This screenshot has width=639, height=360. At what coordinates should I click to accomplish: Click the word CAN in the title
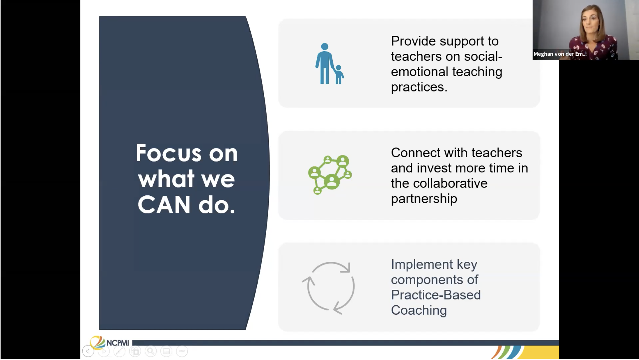pyautogui.click(x=164, y=205)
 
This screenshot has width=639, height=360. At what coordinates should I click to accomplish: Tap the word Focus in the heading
pyautogui.click(x=168, y=153)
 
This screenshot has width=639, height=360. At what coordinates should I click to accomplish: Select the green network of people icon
pyautogui.click(x=330, y=174)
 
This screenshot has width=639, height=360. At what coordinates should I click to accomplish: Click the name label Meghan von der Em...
pyautogui.click(x=560, y=54)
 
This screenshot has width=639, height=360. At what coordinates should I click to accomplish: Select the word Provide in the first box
pyautogui.click(x=413, y=41)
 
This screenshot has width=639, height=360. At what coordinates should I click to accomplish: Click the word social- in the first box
pyautogui.click(x=483, y=57)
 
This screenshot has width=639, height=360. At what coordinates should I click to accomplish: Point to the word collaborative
pyautogui.click(x=450, y=183)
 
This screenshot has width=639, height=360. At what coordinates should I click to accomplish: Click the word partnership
pyautogui.click(x=424, y=199)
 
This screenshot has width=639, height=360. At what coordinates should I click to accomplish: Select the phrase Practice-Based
pyautogui.click(x=435, y=295)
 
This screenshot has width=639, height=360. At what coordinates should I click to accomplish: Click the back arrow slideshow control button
pyautogui.click(x=88, y=351)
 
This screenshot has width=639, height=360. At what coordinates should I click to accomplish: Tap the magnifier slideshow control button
pyautogui.click(x=151, y=351)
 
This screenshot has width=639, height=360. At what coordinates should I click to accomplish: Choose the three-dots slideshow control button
pyautogui.click(x=182, y=351)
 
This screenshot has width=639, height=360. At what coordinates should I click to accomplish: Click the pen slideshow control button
pyautogui.click(x=119, y=351)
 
